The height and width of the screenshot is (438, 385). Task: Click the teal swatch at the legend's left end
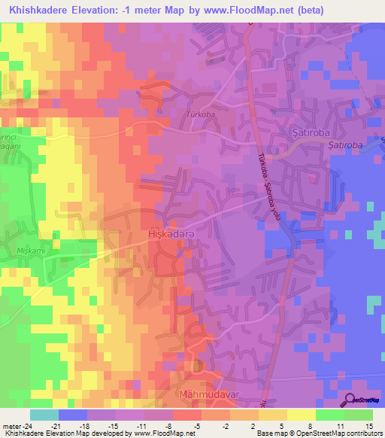pos(44,414)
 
